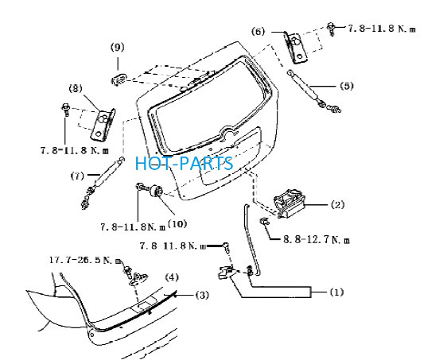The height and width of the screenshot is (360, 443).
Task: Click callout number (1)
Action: pos(336,292)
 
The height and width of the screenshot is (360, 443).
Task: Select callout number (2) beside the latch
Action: pos(337,205)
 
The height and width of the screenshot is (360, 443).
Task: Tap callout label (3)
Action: pos(202,295)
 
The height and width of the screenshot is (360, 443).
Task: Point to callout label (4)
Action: pos(172,277)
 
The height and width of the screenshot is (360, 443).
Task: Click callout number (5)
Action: pos(347,86)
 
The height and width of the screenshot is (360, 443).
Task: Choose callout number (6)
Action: pos(258,31)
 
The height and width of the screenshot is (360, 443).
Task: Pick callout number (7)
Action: pos(77,176)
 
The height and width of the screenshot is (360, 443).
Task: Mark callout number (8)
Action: pos(76,89)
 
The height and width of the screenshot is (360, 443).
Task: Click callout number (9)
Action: pos(117,47)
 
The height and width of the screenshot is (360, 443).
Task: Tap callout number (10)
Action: pos(177,224)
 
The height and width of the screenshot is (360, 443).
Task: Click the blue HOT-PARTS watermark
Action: pos(185,164)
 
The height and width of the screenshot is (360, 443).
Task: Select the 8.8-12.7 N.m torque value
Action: pos(317,240)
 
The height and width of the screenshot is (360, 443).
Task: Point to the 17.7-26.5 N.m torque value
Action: pos(86,260)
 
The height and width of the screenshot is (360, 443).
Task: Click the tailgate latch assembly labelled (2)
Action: pos(290,203)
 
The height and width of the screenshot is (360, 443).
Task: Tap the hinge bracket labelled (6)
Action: pos(296,47)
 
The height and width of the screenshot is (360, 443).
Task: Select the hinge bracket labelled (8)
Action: pos(103,124)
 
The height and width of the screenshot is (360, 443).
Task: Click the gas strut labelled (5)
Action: pos(305,89)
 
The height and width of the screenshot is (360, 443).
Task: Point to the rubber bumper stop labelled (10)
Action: pos(157,190)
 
